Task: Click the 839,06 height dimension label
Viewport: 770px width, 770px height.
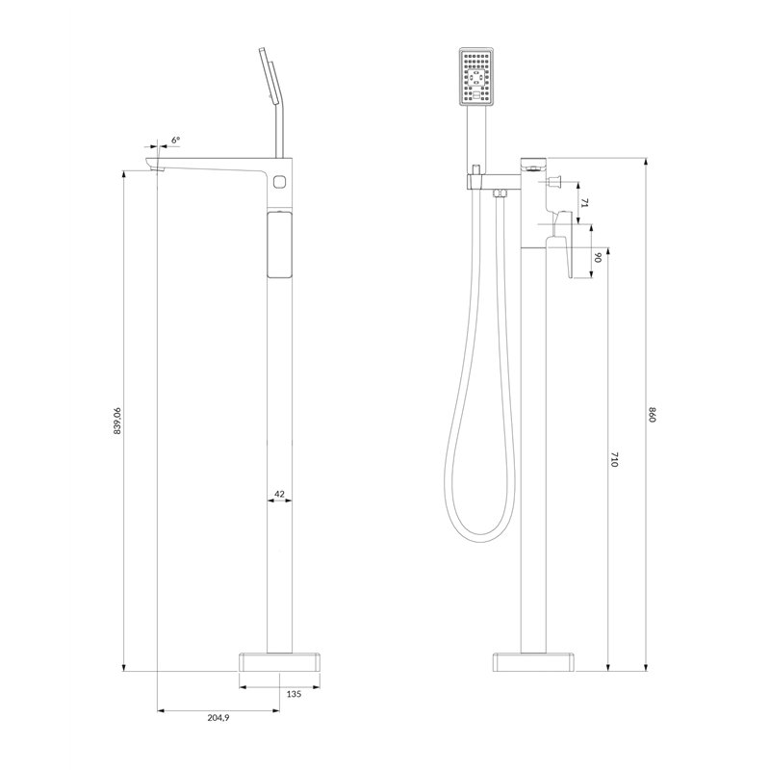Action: (117, 421)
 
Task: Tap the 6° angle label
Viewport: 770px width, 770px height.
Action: (176, 140)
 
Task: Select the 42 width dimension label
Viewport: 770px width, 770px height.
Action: (279, 494)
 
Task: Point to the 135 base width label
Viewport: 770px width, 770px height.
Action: (294, 694)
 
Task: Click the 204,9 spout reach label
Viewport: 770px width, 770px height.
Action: (218, 718)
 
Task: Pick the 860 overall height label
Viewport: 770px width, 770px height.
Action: (653, 415)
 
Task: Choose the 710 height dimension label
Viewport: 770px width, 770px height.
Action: (614, 460)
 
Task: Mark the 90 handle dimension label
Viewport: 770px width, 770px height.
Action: (598, 257)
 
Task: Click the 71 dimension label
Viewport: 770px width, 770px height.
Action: (584, 203)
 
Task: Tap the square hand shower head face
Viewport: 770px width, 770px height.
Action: (475, 77)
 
